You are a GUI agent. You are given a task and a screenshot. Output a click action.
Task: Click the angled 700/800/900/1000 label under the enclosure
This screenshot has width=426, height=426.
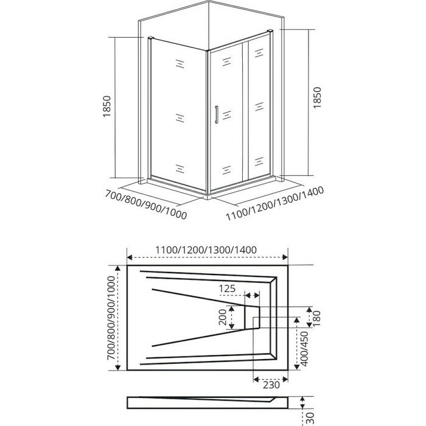145,205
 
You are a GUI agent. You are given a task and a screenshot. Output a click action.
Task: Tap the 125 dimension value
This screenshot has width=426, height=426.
227,287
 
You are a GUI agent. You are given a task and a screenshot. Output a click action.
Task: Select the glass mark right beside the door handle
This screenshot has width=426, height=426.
227,114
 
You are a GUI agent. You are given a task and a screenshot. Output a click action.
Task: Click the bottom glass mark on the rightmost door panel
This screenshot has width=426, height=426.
257,165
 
